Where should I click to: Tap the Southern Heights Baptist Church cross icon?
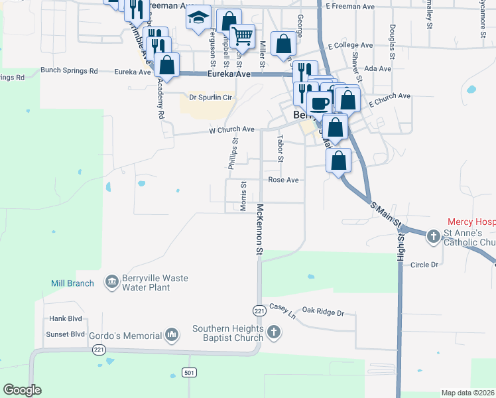273,332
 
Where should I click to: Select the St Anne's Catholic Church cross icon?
433,236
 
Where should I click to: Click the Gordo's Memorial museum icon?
172,334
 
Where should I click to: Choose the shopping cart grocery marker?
243,36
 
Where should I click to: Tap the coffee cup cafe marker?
320,103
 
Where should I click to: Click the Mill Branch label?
72,284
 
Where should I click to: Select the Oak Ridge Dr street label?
324,312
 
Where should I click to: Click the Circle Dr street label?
425,265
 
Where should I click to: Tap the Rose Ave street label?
284,180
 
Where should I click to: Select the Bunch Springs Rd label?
69,70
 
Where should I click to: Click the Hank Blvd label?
65,319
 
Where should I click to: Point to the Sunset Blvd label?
66,334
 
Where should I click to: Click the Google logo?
22,390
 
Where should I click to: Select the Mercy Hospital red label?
471,222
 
